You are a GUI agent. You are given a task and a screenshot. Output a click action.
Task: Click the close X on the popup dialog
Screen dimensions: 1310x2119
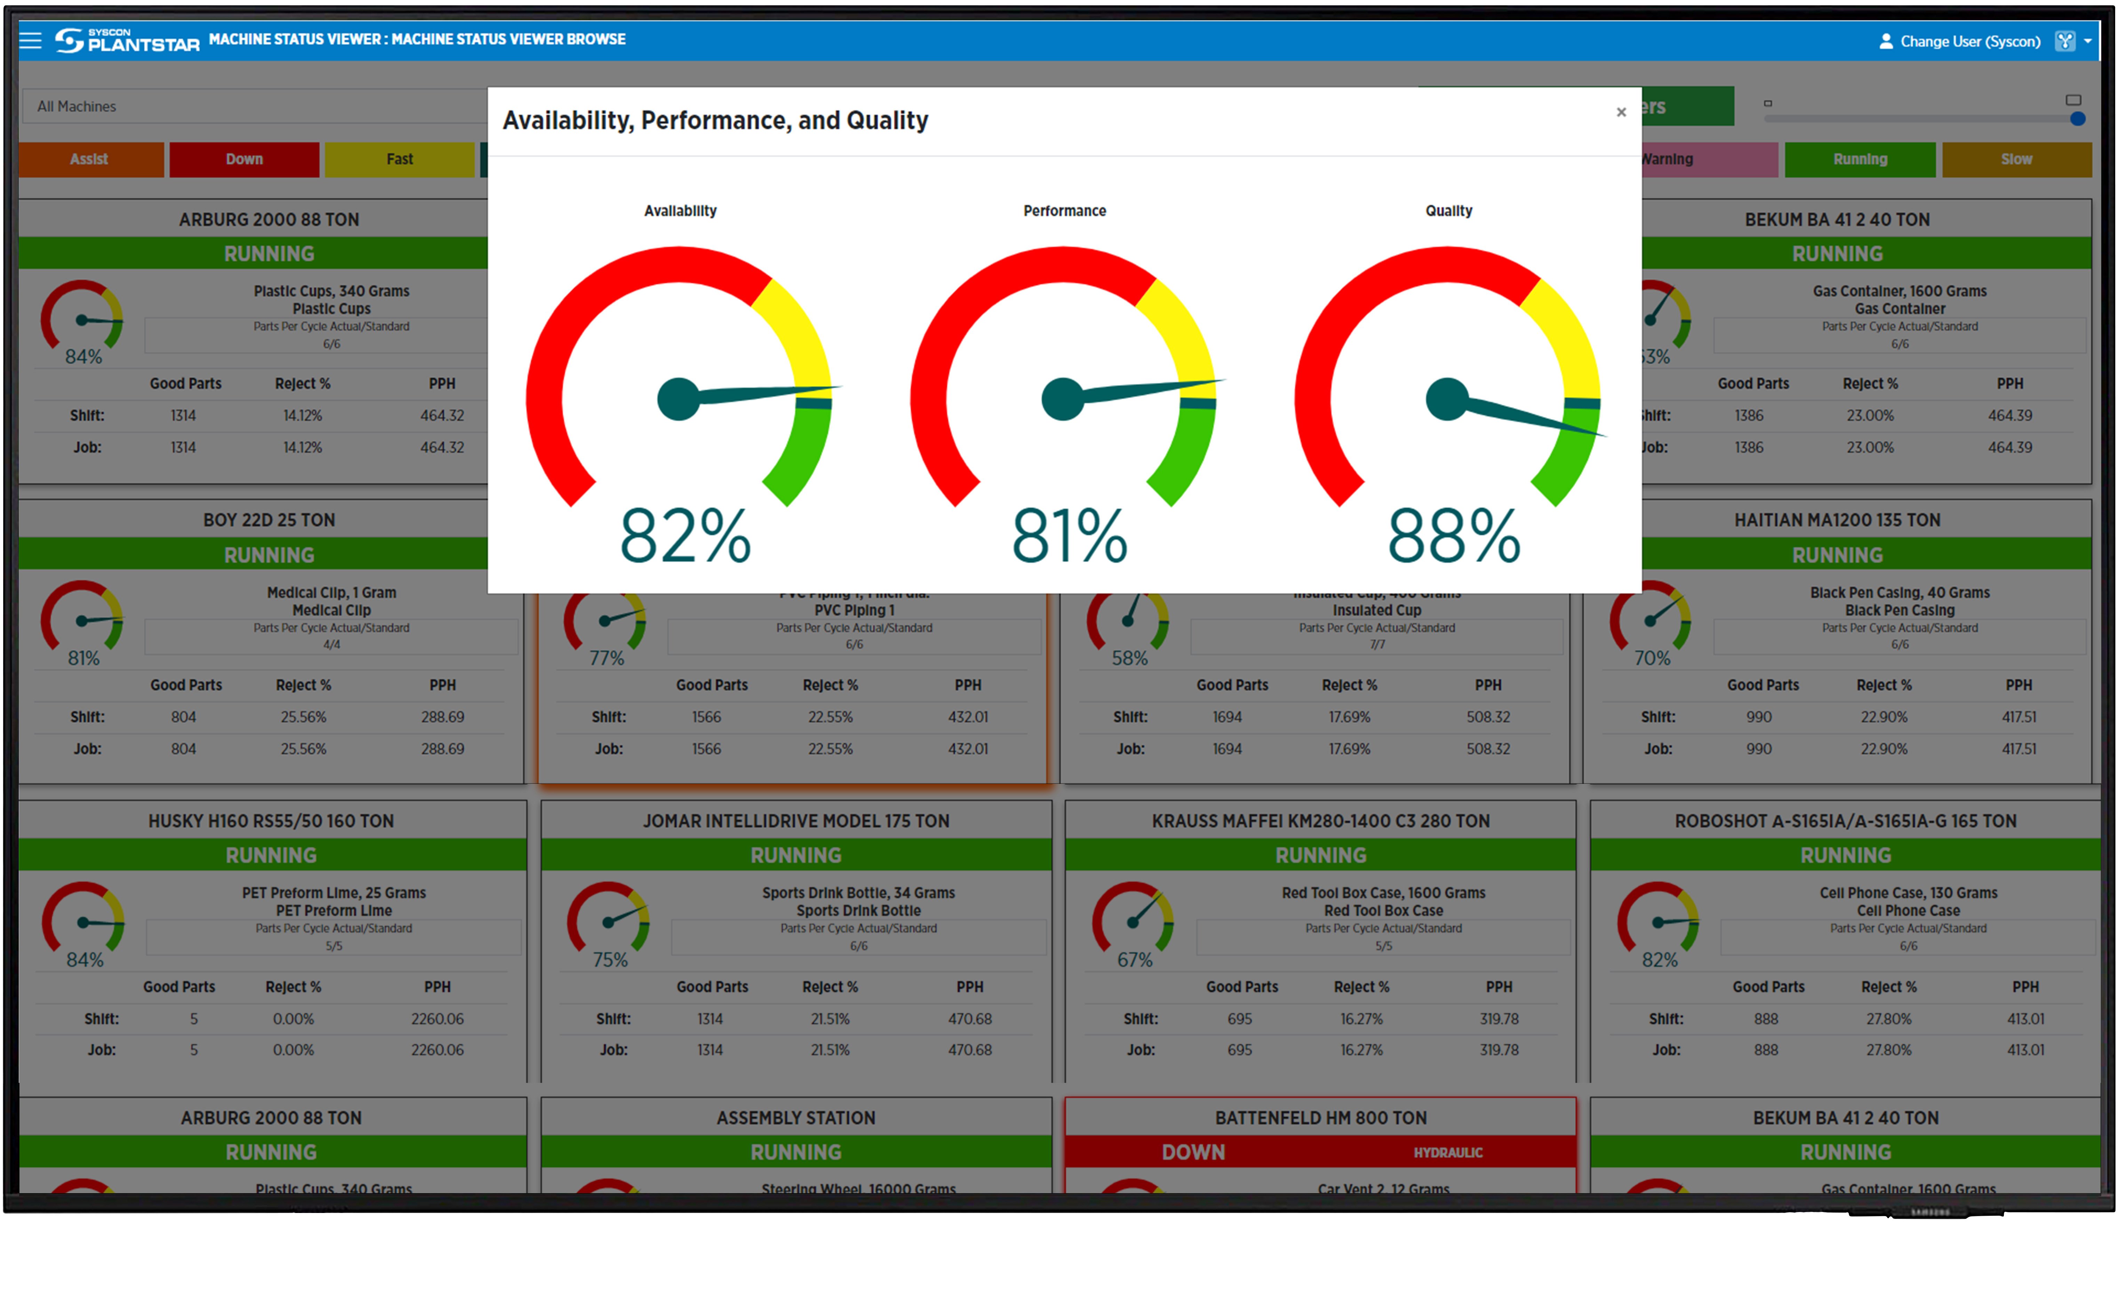point(1621,112)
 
